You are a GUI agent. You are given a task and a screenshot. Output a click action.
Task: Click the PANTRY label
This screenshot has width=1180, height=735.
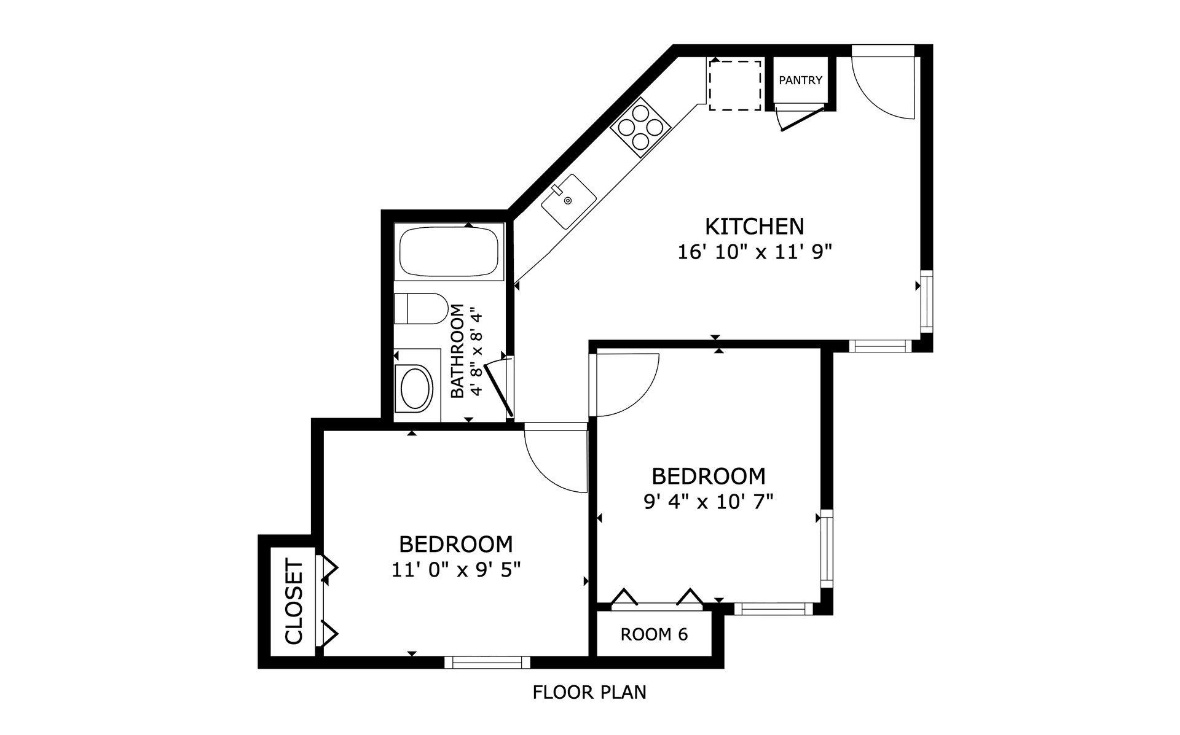800,80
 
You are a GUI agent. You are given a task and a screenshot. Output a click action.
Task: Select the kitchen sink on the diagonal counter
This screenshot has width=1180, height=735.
568,201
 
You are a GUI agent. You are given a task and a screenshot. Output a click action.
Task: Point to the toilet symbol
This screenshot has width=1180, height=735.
422,308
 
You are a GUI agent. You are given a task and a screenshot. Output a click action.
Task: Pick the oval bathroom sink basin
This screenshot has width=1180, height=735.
416,388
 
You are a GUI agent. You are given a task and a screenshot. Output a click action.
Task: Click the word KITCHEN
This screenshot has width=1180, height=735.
754,227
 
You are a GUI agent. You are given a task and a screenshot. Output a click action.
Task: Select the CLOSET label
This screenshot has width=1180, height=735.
294,601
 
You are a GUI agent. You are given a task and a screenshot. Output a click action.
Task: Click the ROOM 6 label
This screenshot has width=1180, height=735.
654,634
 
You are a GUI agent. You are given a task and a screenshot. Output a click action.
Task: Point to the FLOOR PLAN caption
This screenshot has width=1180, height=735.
589,693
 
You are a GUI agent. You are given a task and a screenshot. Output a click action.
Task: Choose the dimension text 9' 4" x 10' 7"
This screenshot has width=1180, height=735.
708,502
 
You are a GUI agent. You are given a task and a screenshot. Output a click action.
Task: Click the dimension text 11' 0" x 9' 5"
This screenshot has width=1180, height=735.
456,570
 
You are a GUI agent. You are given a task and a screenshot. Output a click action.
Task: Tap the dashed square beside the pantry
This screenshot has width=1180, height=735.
735,85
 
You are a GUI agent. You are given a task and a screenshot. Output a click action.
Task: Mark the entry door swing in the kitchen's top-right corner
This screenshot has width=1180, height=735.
883,86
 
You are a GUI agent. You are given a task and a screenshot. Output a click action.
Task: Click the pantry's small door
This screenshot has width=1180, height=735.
800,119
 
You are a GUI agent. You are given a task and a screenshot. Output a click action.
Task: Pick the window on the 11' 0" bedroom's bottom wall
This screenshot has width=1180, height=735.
487,662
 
